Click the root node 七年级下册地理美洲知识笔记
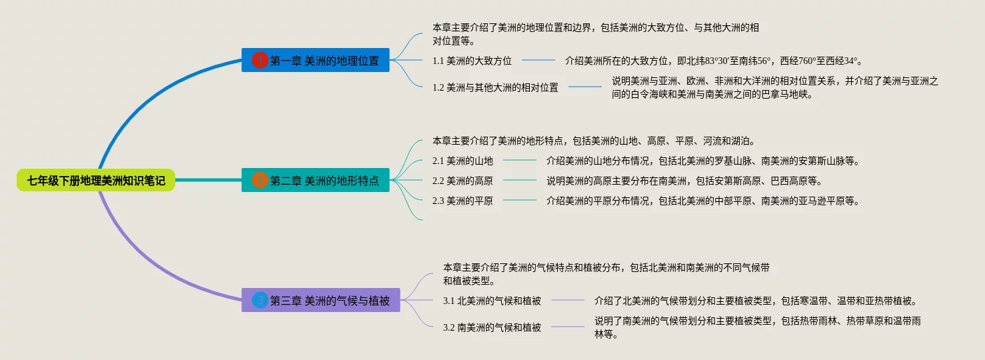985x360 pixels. point(96,180)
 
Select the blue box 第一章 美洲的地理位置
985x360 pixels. point(315,60)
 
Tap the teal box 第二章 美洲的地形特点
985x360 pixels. point(315,180)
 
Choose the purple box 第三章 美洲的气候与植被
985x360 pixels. point(321,300)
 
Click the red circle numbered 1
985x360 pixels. point(260,60)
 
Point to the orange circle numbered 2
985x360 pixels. point(260,180)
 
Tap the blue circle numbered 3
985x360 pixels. point(260,300)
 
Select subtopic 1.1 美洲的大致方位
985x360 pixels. point(472,61)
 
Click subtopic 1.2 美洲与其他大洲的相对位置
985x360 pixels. point(495,87)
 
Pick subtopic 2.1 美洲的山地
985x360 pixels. point(463,161)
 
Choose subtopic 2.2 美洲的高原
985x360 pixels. point(463,181)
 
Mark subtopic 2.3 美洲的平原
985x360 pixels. point(463,201)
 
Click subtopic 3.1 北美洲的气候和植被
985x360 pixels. point(492,301)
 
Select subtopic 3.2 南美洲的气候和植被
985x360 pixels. point(492,327)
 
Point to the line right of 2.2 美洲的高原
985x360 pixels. point(520,180)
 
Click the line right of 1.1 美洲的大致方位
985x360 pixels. point(538,60)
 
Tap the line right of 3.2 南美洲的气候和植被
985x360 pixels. point(568,327)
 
